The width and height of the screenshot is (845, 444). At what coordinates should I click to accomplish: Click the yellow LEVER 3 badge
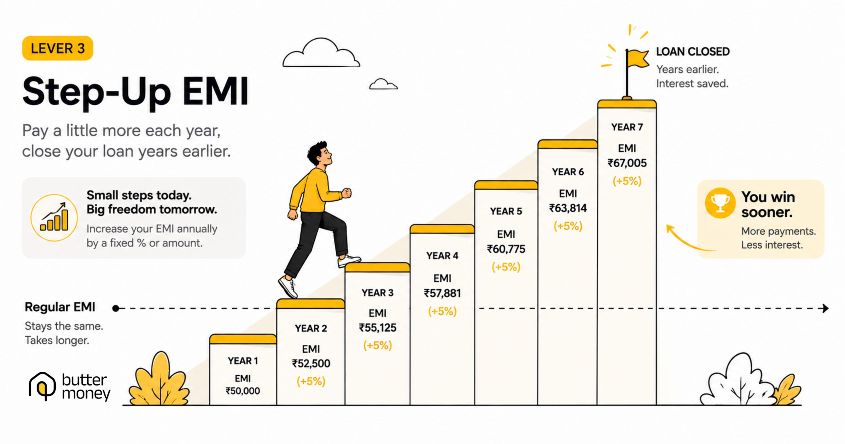coord(58,48)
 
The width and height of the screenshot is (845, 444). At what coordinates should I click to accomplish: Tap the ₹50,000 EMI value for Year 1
coord(243,391)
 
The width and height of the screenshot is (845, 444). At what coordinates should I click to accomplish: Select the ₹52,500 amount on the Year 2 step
coord(311,363)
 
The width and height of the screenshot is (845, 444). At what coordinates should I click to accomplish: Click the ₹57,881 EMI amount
coord(442,293)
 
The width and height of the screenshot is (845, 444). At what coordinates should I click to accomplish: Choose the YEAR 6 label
coord(568,172)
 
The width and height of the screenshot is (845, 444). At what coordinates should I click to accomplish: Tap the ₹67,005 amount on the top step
coord(627,163)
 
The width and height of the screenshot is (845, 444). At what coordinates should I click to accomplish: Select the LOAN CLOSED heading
coord(693,52)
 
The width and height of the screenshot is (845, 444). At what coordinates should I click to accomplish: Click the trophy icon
coord(720,203)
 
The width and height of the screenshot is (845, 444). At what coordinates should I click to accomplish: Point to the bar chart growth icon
coord(54,218)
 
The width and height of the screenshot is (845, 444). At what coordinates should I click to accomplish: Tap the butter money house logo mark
coord(42,386)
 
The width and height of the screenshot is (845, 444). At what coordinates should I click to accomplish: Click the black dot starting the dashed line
coord(115,308)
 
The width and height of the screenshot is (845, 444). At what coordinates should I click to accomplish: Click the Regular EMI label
coord(60,307)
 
